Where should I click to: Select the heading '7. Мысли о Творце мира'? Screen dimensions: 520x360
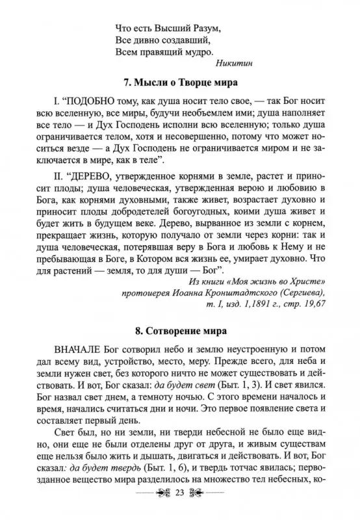pyautogui.click(x=180, y=83)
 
